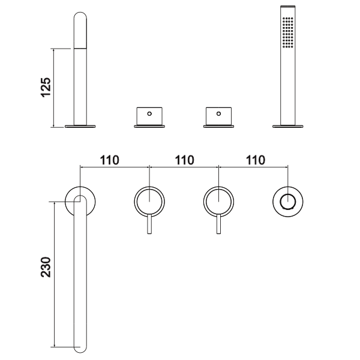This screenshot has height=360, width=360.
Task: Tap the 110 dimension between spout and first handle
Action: pos(110,160)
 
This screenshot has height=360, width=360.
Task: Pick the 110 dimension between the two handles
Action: pos(184,160)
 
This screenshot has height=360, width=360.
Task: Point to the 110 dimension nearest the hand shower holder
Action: pos(255,160)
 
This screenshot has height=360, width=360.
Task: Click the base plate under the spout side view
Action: pos(80,125)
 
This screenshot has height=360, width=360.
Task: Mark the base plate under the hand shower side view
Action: pos(289,125)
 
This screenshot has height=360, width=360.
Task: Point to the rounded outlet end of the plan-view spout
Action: pos(80,346)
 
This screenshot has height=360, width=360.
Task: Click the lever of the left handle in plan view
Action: pos(149,227)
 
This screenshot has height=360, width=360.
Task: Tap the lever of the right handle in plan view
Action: pos(219,227)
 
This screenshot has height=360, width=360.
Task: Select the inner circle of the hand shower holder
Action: pos(289,200)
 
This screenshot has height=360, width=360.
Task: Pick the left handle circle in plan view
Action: pos(149,200)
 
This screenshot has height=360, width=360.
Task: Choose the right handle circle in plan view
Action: pos(219,200)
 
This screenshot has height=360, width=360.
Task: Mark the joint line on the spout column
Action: pos(80,49)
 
